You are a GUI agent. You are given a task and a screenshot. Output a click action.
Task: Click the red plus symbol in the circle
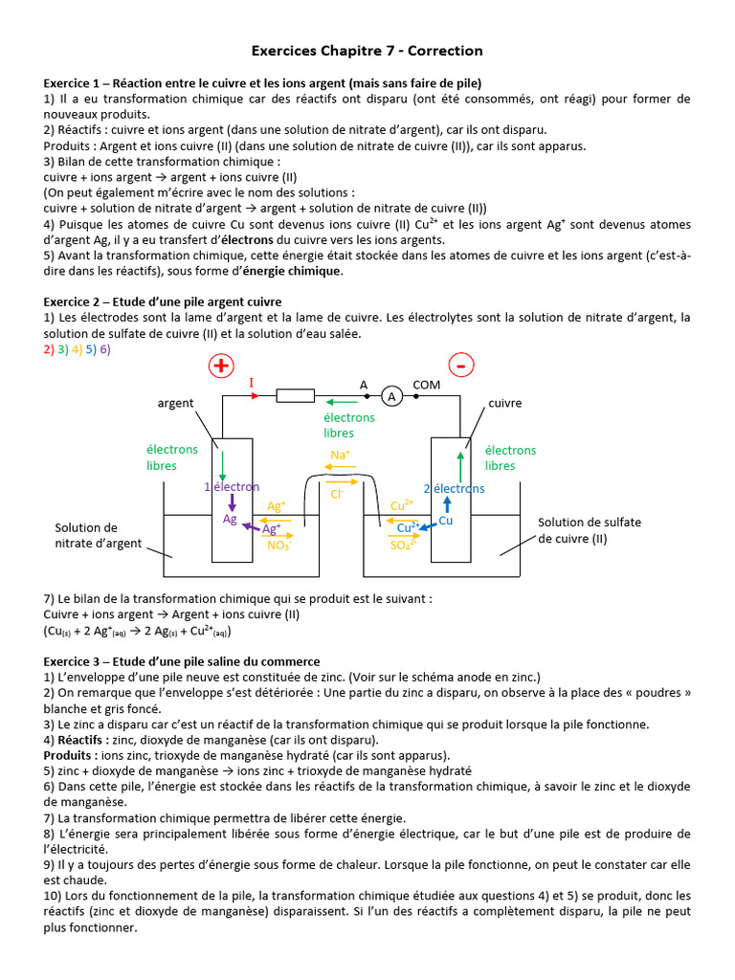[222, 367]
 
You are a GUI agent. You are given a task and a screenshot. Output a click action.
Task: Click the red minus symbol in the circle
[461, 367]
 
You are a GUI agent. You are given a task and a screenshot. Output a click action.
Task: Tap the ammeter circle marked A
[390, 395]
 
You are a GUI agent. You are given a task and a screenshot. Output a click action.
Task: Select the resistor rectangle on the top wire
[295, 395]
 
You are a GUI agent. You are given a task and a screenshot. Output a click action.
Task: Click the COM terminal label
[426, 385]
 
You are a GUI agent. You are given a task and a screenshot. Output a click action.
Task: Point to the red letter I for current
[252, 383]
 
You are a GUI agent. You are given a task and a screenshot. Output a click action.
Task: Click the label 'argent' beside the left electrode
[175, 403]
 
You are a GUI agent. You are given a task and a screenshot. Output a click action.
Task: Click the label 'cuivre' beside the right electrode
[505, 403]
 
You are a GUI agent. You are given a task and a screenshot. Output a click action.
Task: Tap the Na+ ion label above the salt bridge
[340, 455]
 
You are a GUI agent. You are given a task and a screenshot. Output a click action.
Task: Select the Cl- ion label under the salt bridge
[336, 494]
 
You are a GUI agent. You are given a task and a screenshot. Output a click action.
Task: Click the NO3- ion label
[278, 546]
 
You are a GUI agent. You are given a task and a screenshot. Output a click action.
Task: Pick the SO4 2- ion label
[403, 546]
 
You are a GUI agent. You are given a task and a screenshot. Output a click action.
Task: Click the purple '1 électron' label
[232, 487]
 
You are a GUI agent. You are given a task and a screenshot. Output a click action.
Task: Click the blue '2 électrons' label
[454, 488]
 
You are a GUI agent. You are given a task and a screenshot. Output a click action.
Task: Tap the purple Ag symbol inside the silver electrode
[230, 519]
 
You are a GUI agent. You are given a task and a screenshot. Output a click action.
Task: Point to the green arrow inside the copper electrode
[459, 466]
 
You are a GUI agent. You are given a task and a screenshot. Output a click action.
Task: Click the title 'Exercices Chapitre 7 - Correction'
[367, 50]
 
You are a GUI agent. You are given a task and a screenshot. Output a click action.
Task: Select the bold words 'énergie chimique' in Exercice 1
[294, 271]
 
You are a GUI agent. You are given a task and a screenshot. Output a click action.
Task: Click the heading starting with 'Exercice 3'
[182, 661]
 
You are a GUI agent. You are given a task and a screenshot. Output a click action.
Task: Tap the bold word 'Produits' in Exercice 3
[68, 755]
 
